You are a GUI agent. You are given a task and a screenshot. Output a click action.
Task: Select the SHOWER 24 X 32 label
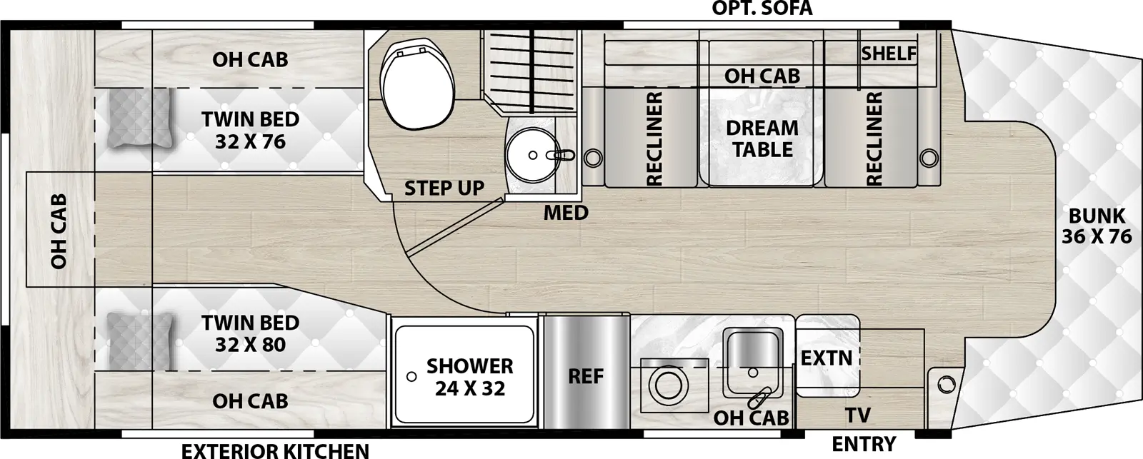coord(470,378)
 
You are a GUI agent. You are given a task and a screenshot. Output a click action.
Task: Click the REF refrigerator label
coord(586,376)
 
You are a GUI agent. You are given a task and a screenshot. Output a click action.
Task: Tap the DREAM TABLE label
coord(762,138)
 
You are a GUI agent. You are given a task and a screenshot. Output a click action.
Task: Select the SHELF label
coord(889,53)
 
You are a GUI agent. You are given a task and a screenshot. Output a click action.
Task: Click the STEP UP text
coord(444,188)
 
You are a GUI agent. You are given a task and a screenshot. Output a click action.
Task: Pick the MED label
coord(566,213)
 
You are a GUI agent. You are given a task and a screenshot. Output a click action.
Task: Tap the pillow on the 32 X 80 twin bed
coord(141,342)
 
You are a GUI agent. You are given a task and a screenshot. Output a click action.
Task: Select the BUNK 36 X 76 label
coord(1097,226)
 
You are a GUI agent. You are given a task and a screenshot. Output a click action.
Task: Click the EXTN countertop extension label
coord(826,358)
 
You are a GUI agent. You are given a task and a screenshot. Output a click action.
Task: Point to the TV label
coord(858,415)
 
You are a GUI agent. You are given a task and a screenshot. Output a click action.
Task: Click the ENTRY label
coord(864,444)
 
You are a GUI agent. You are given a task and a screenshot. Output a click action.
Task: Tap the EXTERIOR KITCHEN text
coord(275,451)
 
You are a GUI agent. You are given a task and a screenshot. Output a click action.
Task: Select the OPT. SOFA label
coord(762,8)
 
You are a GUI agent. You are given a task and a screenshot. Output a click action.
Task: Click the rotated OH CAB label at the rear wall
coord(59,231)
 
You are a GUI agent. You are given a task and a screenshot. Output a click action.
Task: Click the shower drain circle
coord(411,376)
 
